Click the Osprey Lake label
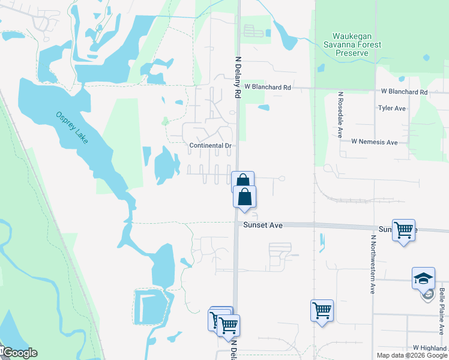coord(72,127)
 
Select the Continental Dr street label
coord(210,146)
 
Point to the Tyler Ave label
coord(392,109)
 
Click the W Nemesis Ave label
coord(375,142)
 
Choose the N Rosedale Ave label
coord(340,115)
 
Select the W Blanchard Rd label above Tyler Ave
coord(404,92)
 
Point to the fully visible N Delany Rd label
coord(237,77)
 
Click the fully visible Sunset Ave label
coord(263,225)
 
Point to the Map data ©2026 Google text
coord(412,355)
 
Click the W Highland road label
coord(430,348)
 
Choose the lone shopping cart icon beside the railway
coord(322,311)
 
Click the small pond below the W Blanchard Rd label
coord(263,108)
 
